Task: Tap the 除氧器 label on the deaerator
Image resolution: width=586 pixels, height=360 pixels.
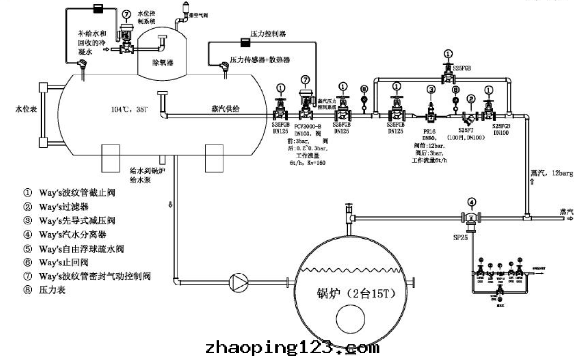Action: [163, 62]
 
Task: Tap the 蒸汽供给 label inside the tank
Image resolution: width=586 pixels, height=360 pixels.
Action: [225, 109]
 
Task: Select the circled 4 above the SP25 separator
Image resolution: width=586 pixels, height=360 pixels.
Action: [472, 202]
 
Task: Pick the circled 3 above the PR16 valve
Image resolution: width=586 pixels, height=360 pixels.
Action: [431, 90]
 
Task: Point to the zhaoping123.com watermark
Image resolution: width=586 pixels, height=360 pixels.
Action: [292, 348]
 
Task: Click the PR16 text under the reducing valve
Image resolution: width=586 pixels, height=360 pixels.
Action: [429, 132]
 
